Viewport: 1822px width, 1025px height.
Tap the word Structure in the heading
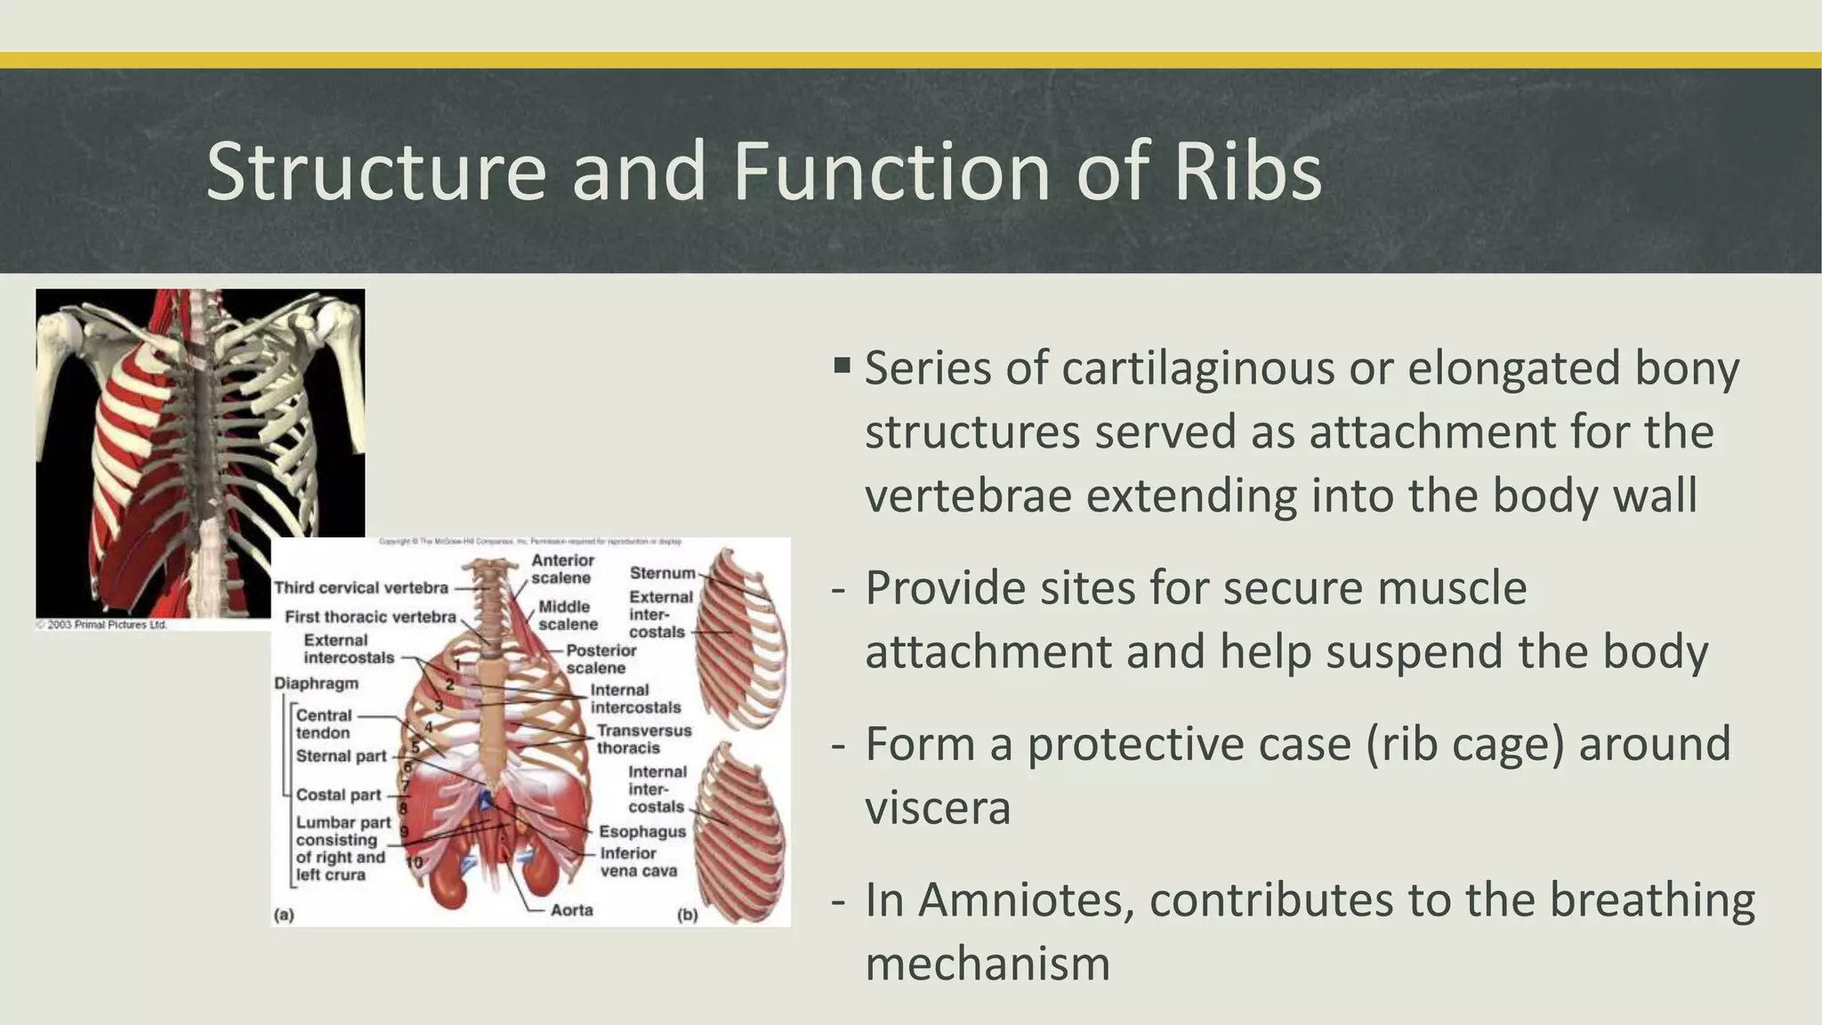[375, 171]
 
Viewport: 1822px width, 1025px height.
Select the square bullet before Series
[842, 365]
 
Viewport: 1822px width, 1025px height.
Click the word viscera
[938, 808]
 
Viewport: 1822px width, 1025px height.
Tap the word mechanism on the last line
[988, 964]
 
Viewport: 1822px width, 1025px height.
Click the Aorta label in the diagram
[571, 910]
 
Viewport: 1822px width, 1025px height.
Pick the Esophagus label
[641, 832]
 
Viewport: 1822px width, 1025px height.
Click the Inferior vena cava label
[637, 861]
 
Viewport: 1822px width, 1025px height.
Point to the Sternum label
[662, 573]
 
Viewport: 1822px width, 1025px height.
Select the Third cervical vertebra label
[361, 588]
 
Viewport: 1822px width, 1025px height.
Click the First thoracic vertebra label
[370, 617]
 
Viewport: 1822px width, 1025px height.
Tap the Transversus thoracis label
[643, 739]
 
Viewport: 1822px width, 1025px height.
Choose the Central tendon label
[324, 723]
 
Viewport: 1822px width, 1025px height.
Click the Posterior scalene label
[601, 659]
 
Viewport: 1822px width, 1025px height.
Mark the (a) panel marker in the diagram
[284, 914]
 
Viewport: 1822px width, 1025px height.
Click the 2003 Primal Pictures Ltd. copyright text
[101, 625]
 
